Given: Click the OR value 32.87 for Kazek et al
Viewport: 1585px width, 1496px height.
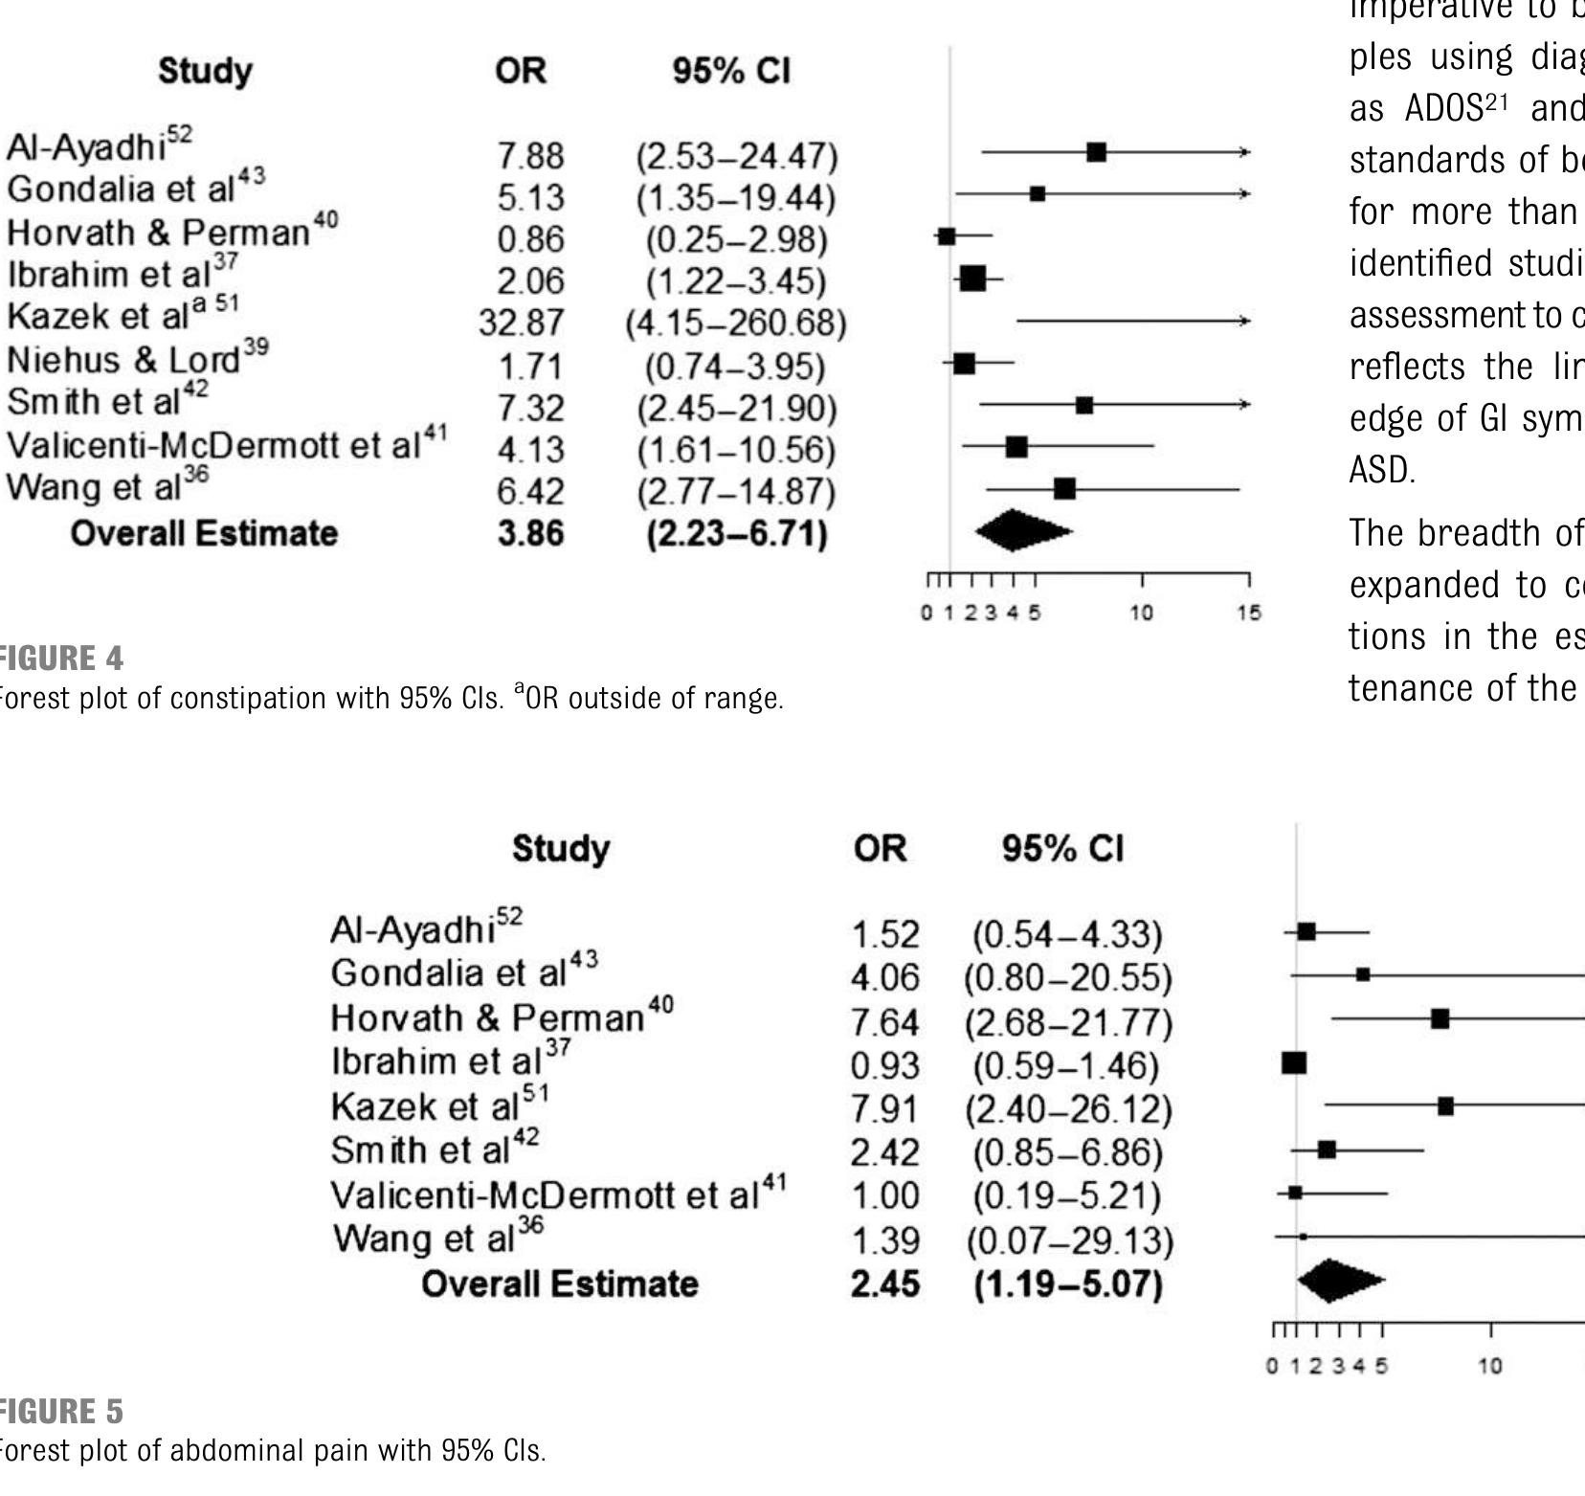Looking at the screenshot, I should pos(522,324).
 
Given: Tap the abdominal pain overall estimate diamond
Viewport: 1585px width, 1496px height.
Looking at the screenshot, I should pos(1338,1281).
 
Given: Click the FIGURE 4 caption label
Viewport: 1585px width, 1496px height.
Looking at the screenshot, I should pos(60,659).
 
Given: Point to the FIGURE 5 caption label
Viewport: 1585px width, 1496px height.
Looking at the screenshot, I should pos(60,1412).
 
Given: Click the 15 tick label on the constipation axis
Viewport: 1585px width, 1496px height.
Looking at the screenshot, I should pos(1249,614).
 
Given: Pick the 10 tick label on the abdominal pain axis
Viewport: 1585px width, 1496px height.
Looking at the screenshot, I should pos(1490,1366).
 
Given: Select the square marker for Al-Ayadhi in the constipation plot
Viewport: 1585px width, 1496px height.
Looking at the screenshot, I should pos(1097,152).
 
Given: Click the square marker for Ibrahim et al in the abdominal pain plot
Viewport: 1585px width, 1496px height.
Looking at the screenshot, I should pos(1294,1062).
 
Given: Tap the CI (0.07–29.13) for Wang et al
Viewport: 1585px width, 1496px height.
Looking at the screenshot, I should pos(1069,1241).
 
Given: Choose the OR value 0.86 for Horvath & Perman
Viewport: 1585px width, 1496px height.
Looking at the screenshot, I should pos(530,239).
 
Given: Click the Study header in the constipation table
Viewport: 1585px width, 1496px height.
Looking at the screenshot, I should pos(206,71).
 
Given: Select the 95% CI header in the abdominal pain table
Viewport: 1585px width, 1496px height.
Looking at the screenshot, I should pos(1062,849).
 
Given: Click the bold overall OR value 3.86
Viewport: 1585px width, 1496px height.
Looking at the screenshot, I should pos(530,533).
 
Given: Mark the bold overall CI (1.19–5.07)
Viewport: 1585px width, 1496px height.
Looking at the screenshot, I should pos(1068,1284).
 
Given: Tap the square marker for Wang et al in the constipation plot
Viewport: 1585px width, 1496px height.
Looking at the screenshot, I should pos(1064,489).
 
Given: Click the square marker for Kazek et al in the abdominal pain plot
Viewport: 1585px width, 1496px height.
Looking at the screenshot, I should pos(1445,1106).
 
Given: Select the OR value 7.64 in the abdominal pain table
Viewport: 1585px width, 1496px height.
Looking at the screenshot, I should pos(884,1023).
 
